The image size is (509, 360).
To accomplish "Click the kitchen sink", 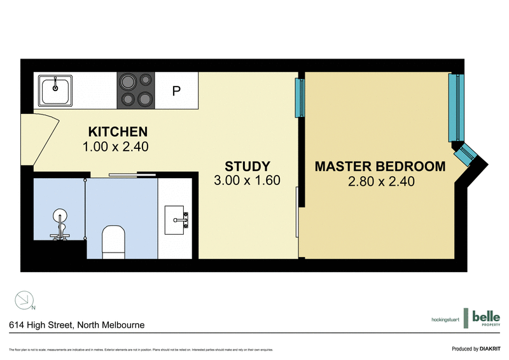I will point(55,90).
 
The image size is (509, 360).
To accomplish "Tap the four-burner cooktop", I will point(136,90).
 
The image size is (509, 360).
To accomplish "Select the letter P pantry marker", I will point(176,90).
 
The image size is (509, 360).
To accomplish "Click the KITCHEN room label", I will point(118,132).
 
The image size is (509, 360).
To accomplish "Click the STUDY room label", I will point(247,165).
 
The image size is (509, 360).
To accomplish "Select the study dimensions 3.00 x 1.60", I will point(247,180).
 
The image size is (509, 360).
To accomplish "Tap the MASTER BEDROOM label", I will point(380,167).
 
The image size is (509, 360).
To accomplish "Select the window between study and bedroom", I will point(298,97).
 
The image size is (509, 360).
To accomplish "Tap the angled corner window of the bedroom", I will point(468,155).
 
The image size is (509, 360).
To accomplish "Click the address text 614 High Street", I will point(77,324).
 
